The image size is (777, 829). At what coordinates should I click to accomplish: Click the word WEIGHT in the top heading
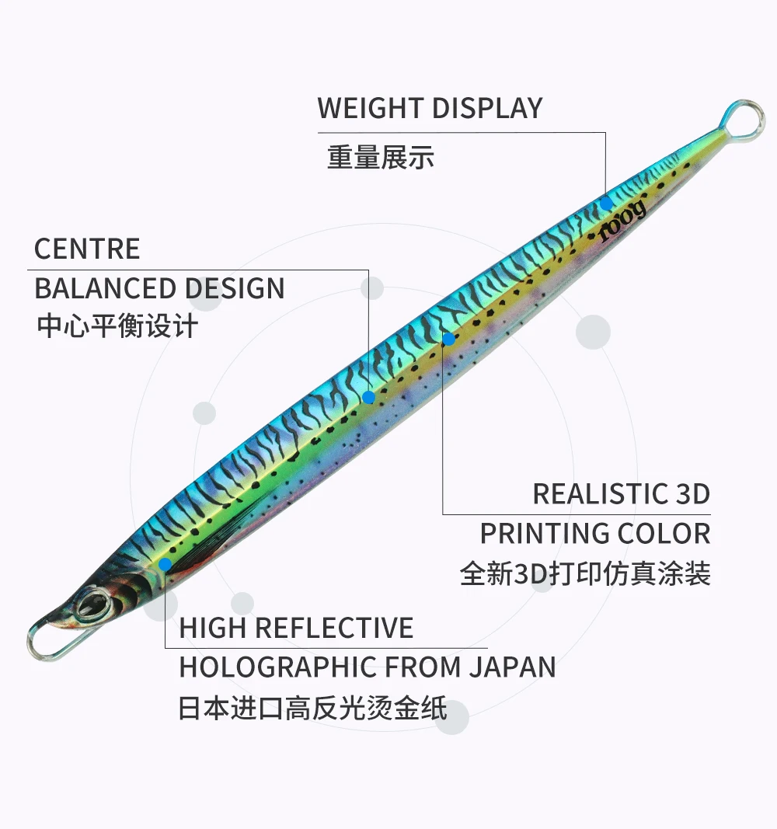point(370,108)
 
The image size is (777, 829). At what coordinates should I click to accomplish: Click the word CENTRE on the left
point(87,249)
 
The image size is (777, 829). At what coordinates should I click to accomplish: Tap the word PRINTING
point(544,534)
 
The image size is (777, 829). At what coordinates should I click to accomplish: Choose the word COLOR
point(664,534)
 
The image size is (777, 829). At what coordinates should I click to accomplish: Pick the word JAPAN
point(512,667)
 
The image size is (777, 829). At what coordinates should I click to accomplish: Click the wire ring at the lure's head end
point(33,642)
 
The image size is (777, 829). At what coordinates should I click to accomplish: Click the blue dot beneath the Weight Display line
point(606,203)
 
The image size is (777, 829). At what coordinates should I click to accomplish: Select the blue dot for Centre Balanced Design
point(369,397)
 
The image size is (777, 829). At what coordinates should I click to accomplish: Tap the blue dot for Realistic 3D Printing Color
point(448,339)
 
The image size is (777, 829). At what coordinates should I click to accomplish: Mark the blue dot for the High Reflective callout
point(165,564)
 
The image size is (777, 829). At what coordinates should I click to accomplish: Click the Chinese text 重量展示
point(381,158)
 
